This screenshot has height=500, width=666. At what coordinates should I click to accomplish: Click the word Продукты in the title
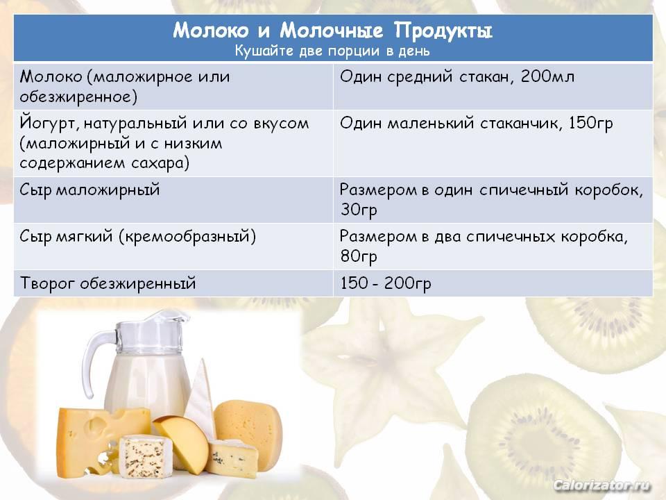tap(443, 31)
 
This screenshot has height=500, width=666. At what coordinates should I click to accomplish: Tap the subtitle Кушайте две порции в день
tap(332, 51)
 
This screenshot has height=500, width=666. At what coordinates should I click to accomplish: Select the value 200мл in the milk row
tap(547, 76)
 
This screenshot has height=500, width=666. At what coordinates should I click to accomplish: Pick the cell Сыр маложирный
tap(89, 190)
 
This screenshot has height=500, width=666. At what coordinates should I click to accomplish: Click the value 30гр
tap(359, 210)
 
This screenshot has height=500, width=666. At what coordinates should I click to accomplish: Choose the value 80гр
tap(359, 256)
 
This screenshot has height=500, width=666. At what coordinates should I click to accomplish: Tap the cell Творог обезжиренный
tap(108, 283)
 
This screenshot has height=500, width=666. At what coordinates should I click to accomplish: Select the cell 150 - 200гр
tap(386, 283)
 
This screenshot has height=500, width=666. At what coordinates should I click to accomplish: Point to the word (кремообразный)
tap(187, 236)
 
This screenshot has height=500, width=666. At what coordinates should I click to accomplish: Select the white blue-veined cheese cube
tap(145, 457)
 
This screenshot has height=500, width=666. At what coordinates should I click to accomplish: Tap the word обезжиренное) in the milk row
tap(78, 97)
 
